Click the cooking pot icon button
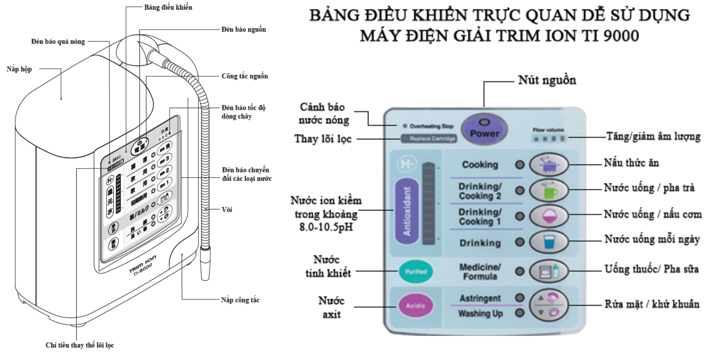pyautogui.click(x=549, y=165)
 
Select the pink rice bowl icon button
pyautogui.click(x=549, y=216)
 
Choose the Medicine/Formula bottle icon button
pyautogui.click(x=549, y=272)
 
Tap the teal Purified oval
pyautogui.click(x=416, y=272)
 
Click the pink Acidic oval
pyautogui.click(x=415, y=306)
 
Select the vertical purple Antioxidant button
pyautogui.click(x=406, y=211)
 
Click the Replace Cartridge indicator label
pyautogui.click(x=429, y=139)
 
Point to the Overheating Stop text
pyautogui.click(x=431, y=126)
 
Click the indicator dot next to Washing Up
pyautogui.click(x=520, y=313)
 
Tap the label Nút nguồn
pyautogui.click(x=547, y=80)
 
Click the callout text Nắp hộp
pyautogui.click(x=19, y=69)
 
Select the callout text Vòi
pyautogui.click(x=227, y=209)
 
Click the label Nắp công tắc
pyautogui.click(x=240, y=300)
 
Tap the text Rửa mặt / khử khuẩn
pyautogui.click(x=652, y=304)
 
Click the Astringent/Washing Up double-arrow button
pyautogui.click(x=549, y=305)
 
